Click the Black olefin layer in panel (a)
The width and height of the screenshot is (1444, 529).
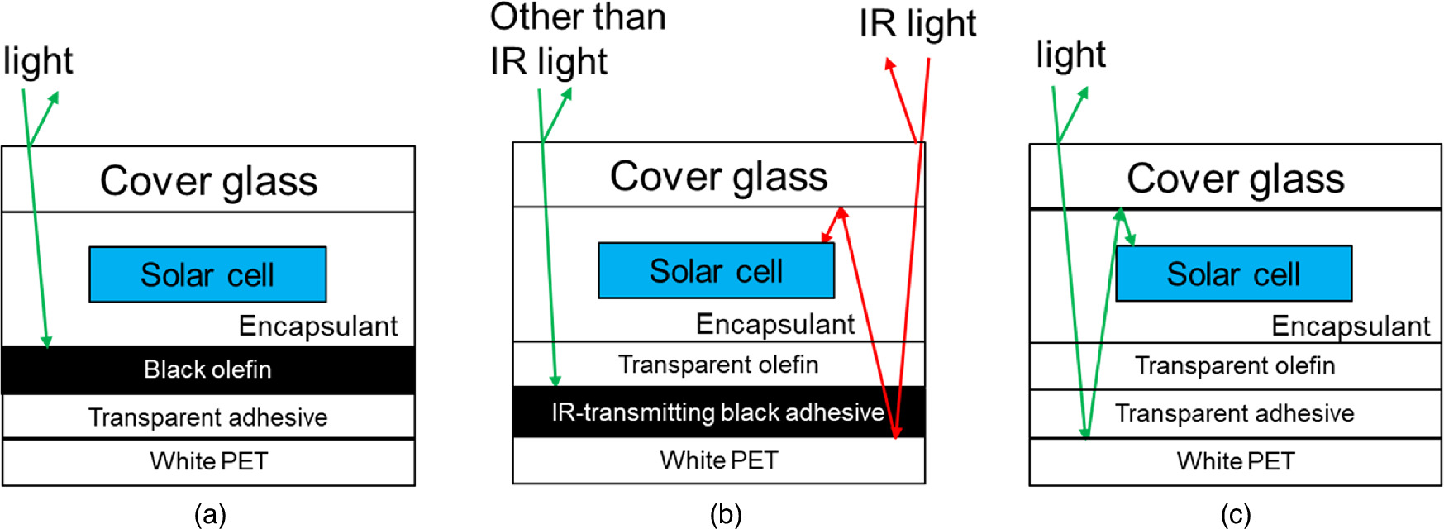(x=207, y=369)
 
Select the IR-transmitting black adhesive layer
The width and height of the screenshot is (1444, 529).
(x=717, y=412)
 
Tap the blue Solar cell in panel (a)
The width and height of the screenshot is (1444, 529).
(x=207, y=274)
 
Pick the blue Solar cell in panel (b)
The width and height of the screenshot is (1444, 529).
(x=716, y=270)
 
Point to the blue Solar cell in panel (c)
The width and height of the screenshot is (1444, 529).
(x=1233, y=274)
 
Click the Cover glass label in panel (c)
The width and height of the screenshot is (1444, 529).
(x=1235, y=179)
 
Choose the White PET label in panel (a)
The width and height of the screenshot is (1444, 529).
(x=209, y=461)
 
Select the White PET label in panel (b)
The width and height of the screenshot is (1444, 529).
(x=719, y=460)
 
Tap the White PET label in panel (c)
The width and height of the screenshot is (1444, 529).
(x=1236, y=460)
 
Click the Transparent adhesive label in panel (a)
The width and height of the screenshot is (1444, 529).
(x=207, y=417)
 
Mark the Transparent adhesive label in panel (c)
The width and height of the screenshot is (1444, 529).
(x=1234, y=413)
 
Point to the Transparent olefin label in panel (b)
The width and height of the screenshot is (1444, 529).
(x=718, y=365)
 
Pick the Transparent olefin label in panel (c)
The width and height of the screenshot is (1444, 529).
(x=1235, y=365)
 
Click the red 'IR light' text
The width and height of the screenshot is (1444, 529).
(x=917, y=25)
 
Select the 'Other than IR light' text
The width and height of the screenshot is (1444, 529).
(x=577, y=40)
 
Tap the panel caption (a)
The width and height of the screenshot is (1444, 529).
(x=210, y=515)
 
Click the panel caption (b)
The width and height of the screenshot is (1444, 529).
(x=725, y=515)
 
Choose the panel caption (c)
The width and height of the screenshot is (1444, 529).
(x=1236, y=515)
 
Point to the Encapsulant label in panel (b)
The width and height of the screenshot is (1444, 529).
(x=775, y=324)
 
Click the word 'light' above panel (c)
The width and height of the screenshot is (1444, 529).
(x=1070, y=55)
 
